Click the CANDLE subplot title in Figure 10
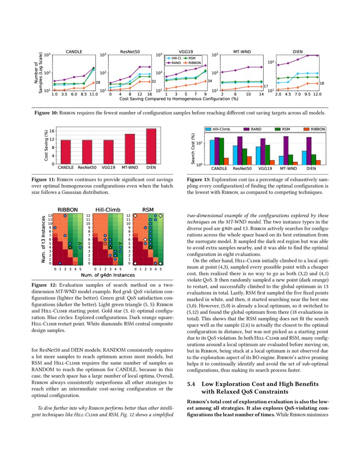click(74, 52)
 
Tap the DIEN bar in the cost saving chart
click(151, 146)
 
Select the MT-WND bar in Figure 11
click(130, 149)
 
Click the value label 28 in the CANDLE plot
click(97, 83)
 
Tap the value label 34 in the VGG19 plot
click(210, 81)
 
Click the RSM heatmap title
click(147, 209)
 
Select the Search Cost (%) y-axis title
click(193, 149)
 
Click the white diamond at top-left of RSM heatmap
click(135, 216)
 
